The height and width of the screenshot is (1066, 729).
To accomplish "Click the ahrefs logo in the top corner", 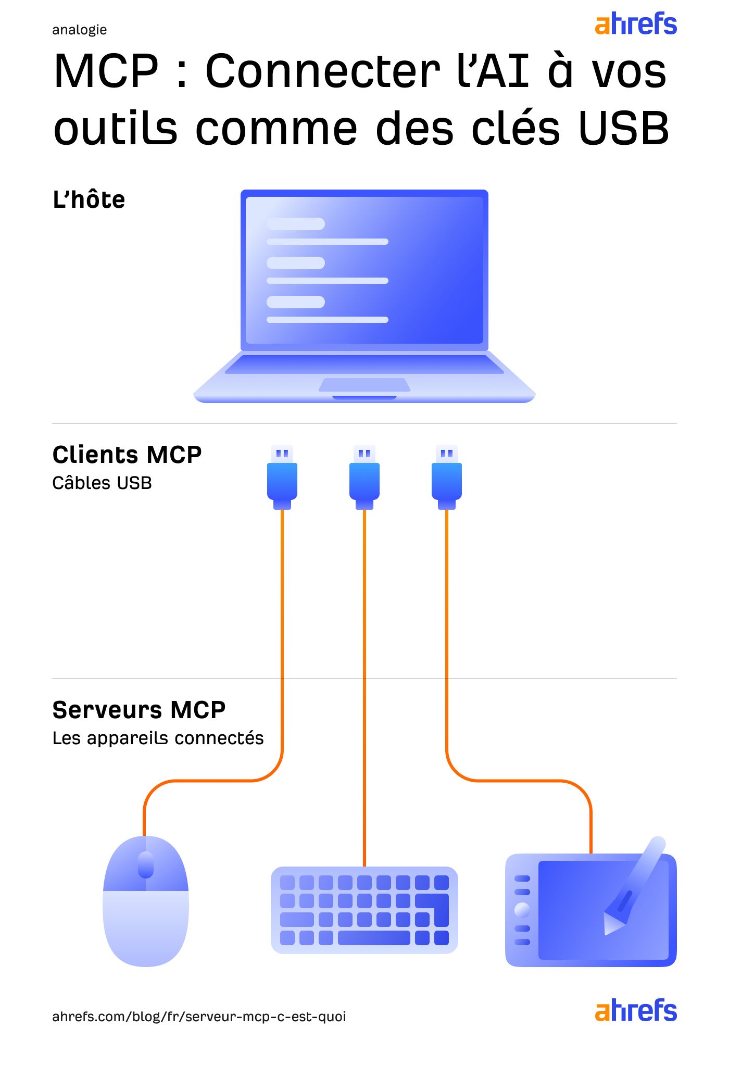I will (x=635, y=24).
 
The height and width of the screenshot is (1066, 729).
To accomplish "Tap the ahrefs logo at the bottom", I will (x=635, y=1011).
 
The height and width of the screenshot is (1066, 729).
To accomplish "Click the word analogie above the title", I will (x=79, y=30).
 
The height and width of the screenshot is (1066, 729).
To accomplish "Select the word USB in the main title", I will (x=623, y=129).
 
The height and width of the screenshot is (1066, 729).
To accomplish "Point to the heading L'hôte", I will (x=89, y=200).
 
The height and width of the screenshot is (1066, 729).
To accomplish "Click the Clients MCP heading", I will (x=127, y=455).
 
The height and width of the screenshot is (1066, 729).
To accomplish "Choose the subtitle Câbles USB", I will (x=102, y=483).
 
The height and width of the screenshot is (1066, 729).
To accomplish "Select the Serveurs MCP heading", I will (x=139, y=710).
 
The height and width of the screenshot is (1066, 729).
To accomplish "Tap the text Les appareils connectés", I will (x=158, y=738).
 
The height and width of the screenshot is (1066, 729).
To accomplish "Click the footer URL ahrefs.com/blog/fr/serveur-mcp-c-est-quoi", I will (x=199, y=1017).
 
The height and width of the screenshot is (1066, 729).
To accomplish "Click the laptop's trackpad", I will (x=364, y=385).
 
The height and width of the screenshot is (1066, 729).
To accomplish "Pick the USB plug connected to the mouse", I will (x=282, y=478).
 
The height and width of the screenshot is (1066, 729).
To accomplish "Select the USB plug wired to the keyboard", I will (x=364, y=478).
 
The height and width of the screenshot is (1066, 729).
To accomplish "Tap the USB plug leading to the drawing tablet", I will (x=447, y=478).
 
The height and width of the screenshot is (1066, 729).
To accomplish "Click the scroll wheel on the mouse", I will (x=146, y=864).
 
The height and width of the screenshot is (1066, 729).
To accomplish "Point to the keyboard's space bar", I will (x=374, y=938).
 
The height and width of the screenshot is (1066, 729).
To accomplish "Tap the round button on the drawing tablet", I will (x=522, y=910).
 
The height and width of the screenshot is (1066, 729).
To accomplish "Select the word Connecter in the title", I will (x=323, y=71).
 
